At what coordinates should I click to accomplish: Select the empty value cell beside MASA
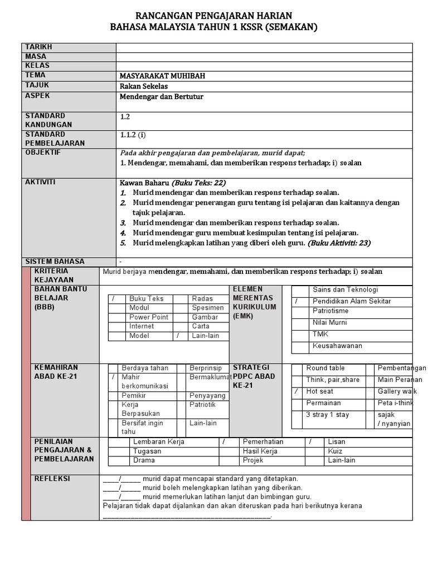(264, 57)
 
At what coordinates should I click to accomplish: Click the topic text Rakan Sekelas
(144, 86)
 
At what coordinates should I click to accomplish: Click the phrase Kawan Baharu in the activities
(144, 183)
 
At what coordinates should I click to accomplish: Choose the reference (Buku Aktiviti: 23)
(339, 243)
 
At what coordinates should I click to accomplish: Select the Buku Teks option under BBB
(146, 299)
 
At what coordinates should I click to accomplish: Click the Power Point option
(149, 317)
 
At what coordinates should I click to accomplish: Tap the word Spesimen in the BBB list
(208, 308)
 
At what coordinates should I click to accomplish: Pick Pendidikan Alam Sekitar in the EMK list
(352, 301)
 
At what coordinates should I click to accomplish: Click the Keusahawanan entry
(337, 346)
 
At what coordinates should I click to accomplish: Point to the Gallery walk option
(398, 391)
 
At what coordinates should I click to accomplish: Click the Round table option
(325, 368)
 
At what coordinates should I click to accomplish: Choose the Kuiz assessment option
(335, 451)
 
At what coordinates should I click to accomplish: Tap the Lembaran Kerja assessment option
(159, 441)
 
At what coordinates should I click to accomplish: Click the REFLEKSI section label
(53, 479)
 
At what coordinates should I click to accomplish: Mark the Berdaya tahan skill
(144, 368)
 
